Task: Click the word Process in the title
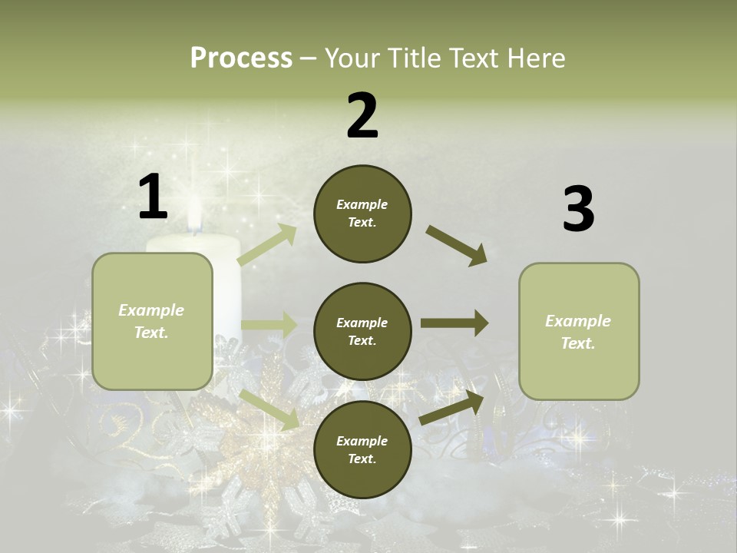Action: [x=241, y=58]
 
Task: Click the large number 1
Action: [x=153, y=197]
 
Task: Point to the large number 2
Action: [x=362, y=116]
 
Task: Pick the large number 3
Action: [x=578, y=210]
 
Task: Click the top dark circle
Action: [x=362, y=214]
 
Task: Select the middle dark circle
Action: [x=362, y=332]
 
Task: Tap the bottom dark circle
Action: [x=362, y=450]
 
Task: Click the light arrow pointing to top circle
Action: [x=267, y=245]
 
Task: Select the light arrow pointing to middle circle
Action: [x=269, y=324]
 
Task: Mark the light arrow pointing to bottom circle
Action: [x=269, y=409]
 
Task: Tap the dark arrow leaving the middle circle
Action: [x=454, y=323]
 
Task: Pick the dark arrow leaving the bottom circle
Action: [x=452, y=407]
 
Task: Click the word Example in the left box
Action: [x=151, y=310]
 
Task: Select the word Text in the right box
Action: [x=578, y=343]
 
